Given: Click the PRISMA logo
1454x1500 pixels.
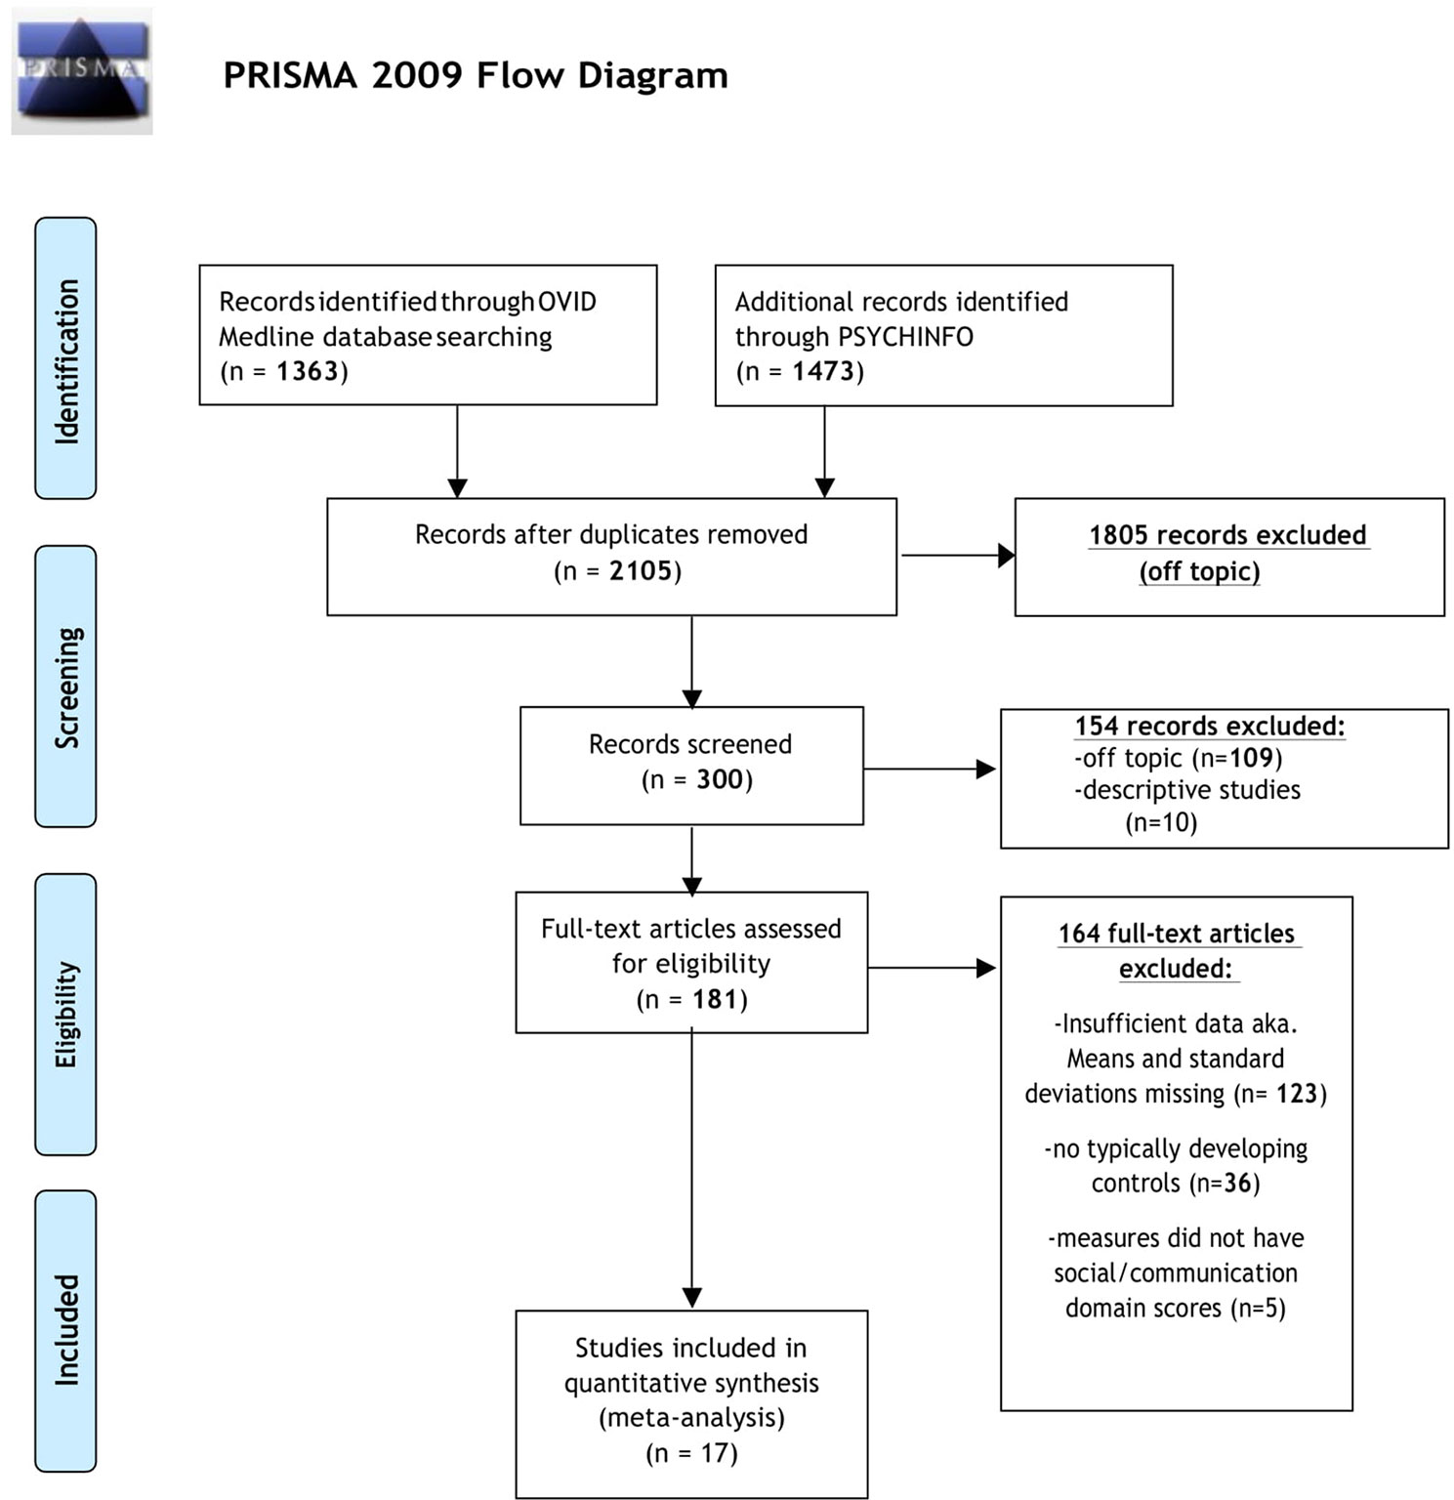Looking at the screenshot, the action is (x=82, y=71).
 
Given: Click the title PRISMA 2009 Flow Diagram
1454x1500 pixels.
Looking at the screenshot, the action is (x=476, y=75).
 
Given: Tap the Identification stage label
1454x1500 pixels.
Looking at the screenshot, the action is (x=66, y=359).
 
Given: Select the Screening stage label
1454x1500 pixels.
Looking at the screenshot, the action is (x=66, y=687).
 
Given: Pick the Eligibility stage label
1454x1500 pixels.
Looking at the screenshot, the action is (x=66, y=1015).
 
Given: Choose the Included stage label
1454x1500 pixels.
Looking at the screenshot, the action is (x=66, y=1330).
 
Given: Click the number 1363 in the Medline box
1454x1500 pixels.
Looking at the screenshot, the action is (x=308, y=371).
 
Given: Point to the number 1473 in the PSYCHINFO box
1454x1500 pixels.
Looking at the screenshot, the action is (x=823, y=371).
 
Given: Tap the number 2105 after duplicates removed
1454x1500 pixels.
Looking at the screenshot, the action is (x=641, y=570).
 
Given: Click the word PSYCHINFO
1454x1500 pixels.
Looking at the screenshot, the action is (x=901, y=337).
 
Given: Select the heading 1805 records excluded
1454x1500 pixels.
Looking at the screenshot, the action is (x=1227, y=535).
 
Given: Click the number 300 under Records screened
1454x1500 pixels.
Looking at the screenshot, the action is (x=720, y=779).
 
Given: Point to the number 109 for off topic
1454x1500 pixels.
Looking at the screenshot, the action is (x=1251, y=758).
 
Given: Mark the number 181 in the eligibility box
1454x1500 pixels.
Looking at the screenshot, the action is (x=715, y=999).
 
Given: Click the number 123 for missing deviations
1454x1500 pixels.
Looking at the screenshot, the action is (x=1297, y=1094).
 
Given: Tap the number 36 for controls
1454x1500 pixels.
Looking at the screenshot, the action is (x=1237, y=1184).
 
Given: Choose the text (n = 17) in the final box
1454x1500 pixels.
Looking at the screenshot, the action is (x=691, y=1453).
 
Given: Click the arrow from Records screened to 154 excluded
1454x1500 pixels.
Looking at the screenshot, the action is (x=930, y=770).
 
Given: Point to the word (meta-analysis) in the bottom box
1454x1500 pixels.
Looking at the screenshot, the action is (x=691, y=1417).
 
